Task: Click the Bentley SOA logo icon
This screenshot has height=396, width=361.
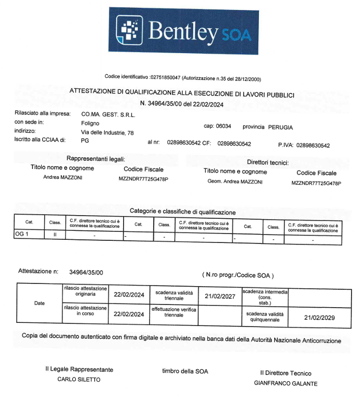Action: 129,29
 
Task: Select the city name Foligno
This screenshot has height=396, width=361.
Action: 90,123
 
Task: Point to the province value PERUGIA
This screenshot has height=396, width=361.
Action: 280,127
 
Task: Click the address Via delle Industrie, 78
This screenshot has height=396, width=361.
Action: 107,133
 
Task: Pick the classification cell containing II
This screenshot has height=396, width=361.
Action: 55,234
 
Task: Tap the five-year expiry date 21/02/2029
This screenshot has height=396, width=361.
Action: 319,317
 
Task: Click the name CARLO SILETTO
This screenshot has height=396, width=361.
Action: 78,380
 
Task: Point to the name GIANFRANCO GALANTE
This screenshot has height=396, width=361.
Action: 286,383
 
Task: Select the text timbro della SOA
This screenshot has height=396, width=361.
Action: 185,371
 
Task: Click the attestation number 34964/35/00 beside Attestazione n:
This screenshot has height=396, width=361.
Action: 86,272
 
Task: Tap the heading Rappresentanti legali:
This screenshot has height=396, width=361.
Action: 96,158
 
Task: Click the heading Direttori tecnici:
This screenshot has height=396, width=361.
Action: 268,163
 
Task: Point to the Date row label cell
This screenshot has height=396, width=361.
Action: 39,303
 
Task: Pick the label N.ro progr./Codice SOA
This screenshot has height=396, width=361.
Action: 238,275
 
